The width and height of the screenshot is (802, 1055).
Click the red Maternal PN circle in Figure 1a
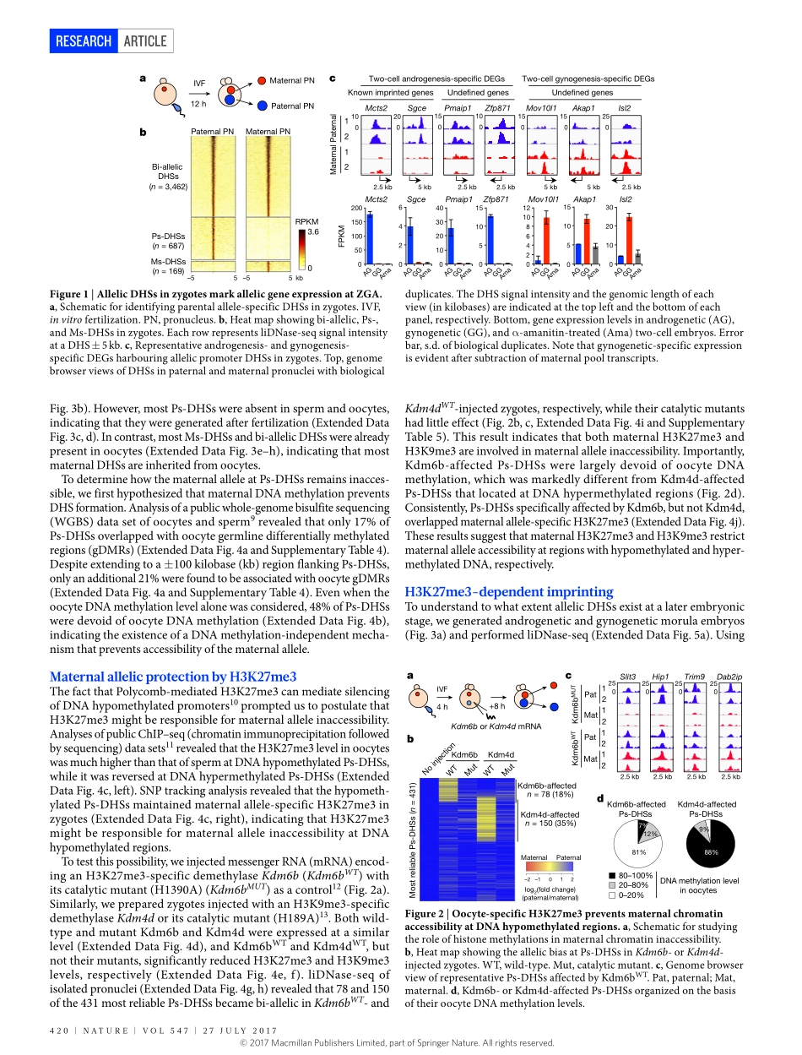pyautogui.click(x=263, y=81)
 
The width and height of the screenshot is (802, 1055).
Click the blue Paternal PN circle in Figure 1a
pyautogui.click(x=263, y=106)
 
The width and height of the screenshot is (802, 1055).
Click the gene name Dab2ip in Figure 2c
pyautogui.click(x=729, y=677)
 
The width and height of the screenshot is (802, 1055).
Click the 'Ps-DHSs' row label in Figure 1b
pyautogui.click(x=167, y=237)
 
